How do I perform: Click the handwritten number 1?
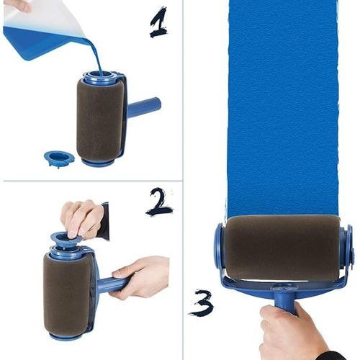click(x=158, y=22)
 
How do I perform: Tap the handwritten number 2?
click(x=159, y=202)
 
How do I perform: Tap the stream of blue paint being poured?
click(x=96, y=53)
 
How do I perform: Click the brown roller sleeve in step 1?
click(x=99, y=119)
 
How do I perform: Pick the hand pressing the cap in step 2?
click(x=81, y=216)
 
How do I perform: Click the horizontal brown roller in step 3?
click(x=282, y=247)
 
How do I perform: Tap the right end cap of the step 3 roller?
click(x=346, y=248)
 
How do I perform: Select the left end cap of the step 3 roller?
click(x=219, y=248)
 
